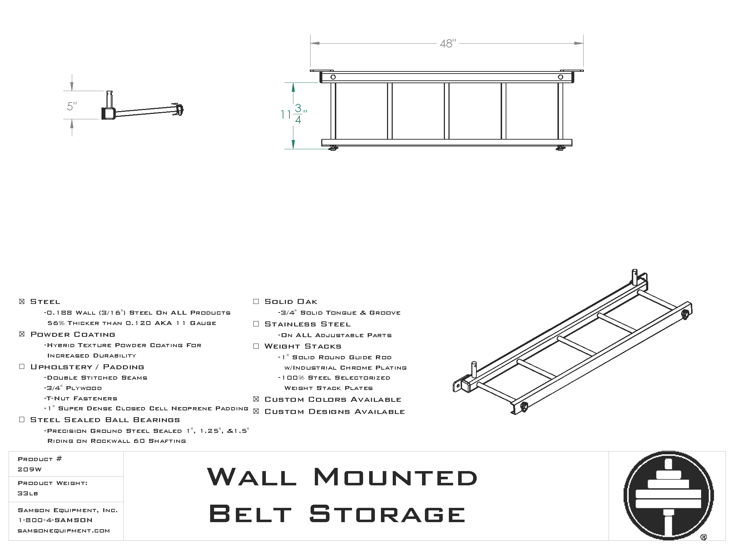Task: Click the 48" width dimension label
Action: [448, 44]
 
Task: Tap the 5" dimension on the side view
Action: [72, 106]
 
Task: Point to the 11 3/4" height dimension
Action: [293, 114]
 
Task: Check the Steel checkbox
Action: [22, 301]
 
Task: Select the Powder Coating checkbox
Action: [22, 334]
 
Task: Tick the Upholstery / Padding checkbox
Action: [22, 367]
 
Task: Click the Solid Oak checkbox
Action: [256, 301]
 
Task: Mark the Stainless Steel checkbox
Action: [256, 324]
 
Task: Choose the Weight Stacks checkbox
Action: [256, 346]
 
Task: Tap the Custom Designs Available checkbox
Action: [256, 411]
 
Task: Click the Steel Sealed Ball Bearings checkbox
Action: [22, 420]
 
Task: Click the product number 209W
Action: [30, 469]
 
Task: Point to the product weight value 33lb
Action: [28, 493]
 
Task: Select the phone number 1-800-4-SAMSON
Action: [55, 520]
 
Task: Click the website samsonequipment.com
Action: [64, 531]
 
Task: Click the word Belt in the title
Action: [250, 514]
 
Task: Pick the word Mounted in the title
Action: [395, 477]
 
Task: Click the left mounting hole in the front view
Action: [333, 77]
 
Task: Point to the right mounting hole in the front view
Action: [560, 77]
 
